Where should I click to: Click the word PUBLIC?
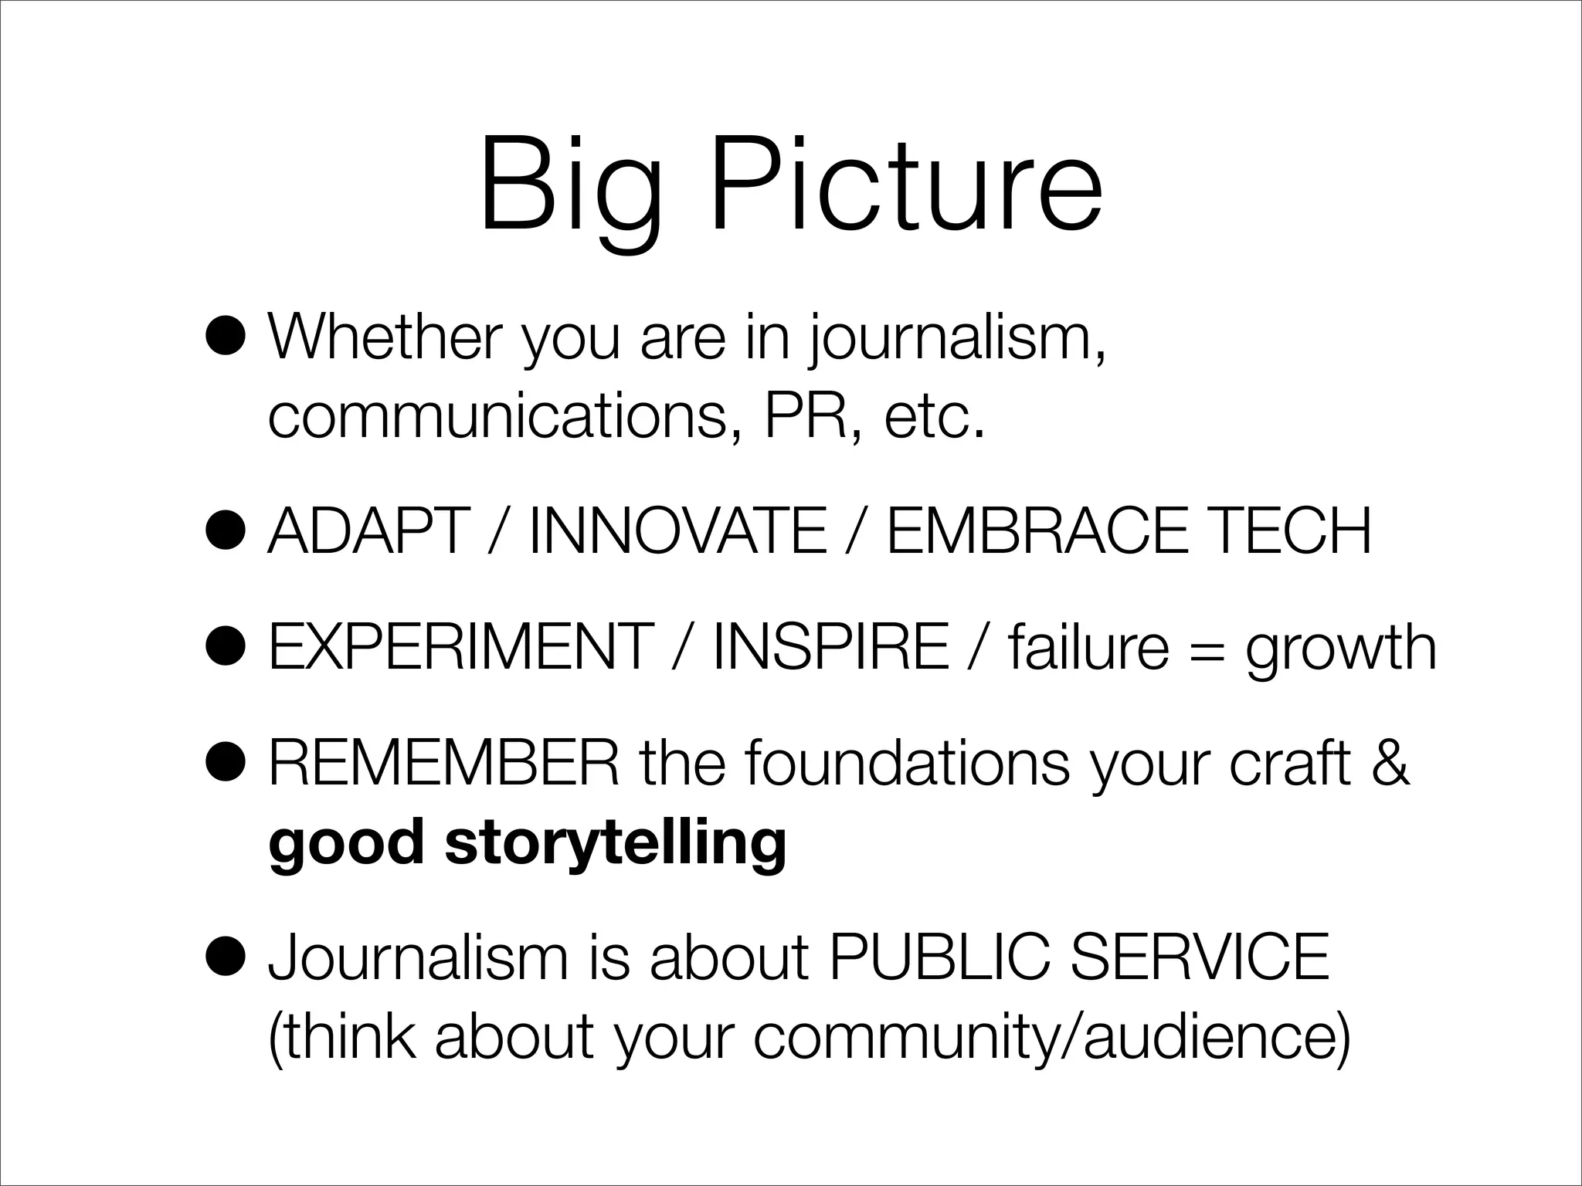pyautogui.click(x=939, y=957)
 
